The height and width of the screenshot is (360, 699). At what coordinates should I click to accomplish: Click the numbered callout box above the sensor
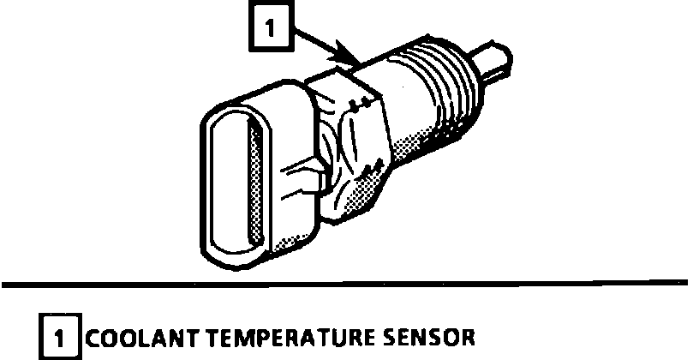(x=271, y=31)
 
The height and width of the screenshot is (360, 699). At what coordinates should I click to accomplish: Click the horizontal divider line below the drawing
(x=343, y=282)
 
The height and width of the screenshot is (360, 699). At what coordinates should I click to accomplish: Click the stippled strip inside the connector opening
(x=251, y=180)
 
